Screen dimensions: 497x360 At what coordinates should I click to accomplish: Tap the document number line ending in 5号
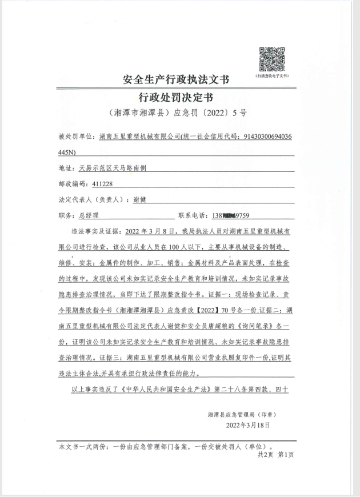pyautogui.click(x=180, y=113)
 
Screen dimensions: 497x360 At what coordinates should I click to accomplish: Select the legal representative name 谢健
pyautogui.click(x=139, y=199)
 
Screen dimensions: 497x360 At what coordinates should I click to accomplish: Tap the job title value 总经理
pyautogui.click(x=88, y=216)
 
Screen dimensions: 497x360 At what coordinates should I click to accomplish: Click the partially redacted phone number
pyautogui.click(x=232, y=216)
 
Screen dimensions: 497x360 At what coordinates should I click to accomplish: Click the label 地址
pyautogui.click(x=66, y=169)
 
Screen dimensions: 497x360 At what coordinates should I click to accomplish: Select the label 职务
pyautogui.click(x=66, y=216)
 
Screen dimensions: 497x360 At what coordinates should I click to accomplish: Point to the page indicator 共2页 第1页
pyautogui.click(x=275, y=455)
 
